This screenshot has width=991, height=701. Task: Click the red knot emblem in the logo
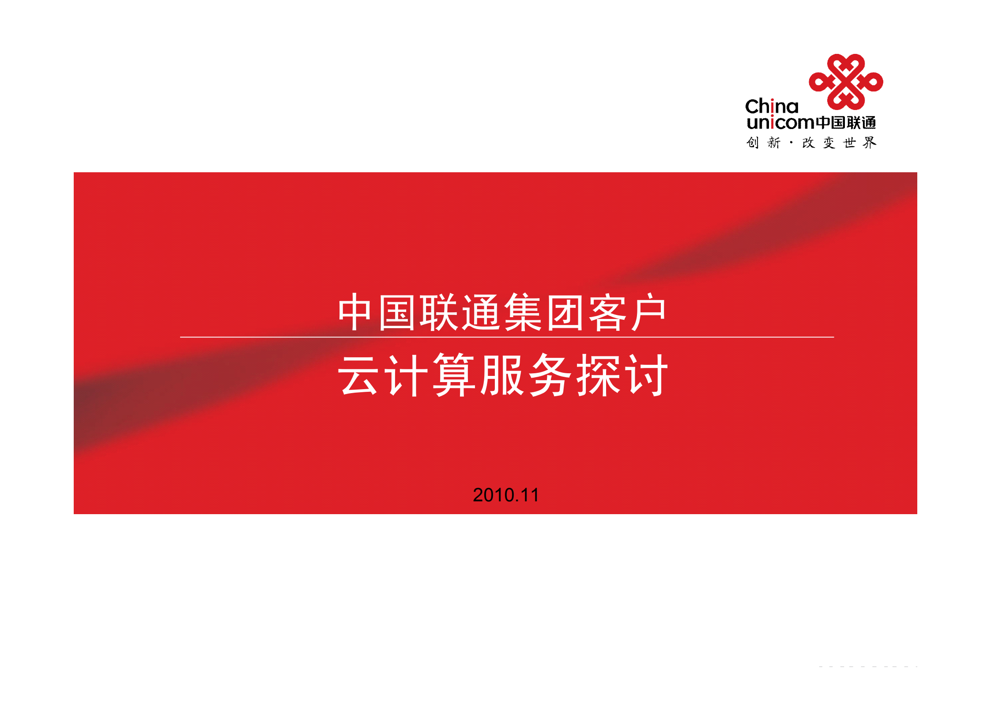[845, 82]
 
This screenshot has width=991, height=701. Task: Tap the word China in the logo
[772, 106]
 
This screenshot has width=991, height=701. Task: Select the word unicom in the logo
[780, 122]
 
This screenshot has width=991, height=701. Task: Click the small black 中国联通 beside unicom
[846, 122]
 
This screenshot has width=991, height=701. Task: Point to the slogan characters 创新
[763, 142]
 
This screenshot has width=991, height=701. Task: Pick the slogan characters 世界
[859, 142]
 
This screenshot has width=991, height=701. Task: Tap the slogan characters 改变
[818, 142]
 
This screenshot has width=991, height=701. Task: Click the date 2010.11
[506, 495]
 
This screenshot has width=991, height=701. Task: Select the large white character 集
[523, 313]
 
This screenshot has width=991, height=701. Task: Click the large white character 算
[454, 375]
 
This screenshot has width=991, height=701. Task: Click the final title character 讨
[647, 375]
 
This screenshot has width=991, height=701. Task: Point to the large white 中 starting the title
[354, 313]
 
